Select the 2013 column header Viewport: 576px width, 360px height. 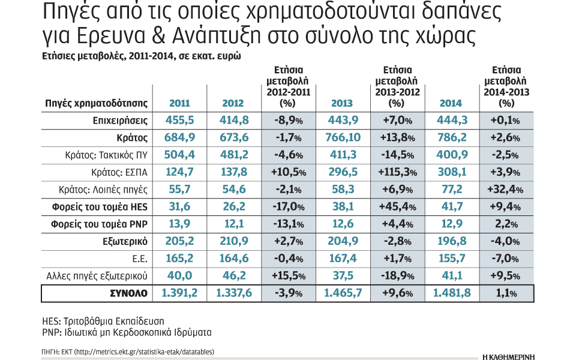pyautogui.click(x=343, y=103)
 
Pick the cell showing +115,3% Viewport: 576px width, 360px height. pyautogui.click(x=397, y=173)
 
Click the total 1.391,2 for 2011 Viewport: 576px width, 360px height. pyautogui.click(x=178, y=294)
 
